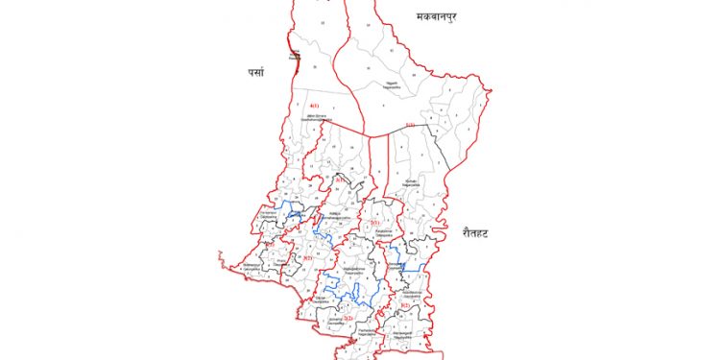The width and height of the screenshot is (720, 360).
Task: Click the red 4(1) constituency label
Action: pos(314,106)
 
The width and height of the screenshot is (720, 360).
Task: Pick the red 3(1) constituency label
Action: pos(339,180)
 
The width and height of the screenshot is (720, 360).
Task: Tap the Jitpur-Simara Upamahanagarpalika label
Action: pos(319,118)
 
